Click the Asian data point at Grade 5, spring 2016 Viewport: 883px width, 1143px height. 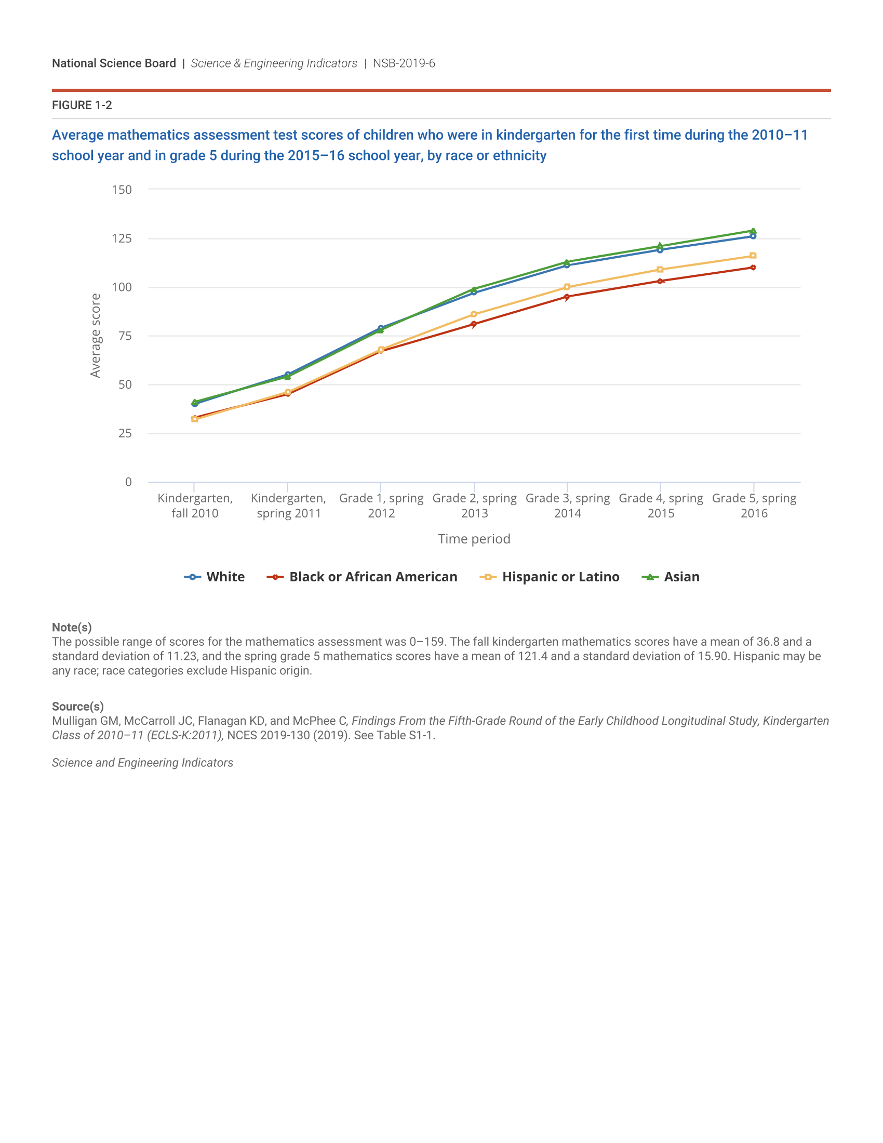(753, 231)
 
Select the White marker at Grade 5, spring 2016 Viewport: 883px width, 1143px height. (753, 236)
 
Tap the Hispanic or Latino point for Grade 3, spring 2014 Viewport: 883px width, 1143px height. (567, 287)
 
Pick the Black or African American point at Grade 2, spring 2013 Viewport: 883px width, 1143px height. (474, 325)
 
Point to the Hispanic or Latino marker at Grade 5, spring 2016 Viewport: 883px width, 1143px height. (753, 256)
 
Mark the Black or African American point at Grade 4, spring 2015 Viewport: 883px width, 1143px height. (660, 281)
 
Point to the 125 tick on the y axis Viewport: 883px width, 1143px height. (122, 238)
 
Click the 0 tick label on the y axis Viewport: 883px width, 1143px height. (128, 482)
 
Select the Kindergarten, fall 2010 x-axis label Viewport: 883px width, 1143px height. (195, 506)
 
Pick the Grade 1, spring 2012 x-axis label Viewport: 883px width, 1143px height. (381, 506)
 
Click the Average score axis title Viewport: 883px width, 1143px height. (95, 336)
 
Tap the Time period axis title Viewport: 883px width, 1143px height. (474, 539)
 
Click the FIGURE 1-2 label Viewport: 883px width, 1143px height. (82, 105)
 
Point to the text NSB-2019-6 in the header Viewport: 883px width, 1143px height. (404, 63)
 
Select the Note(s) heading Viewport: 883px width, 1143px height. (72, 628)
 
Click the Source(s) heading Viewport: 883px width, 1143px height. (78, 707)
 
